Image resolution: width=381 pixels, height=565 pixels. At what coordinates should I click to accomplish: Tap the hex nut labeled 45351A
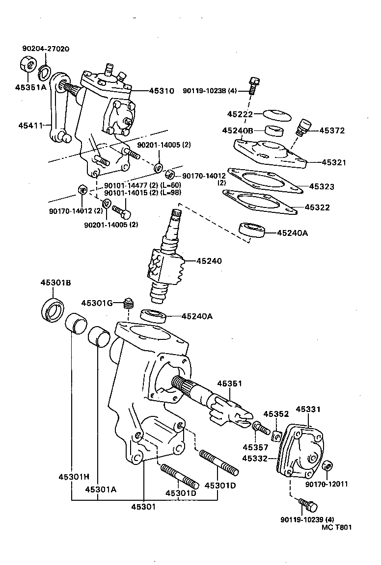coord(26,64)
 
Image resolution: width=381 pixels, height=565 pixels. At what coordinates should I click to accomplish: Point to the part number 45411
coord(31,126)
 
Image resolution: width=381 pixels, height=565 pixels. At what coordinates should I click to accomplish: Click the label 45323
coord(322,186)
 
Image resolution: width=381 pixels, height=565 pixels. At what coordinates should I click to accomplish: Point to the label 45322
coord(317,207)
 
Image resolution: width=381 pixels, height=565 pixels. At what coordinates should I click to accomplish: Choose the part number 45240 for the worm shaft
coord(209,261)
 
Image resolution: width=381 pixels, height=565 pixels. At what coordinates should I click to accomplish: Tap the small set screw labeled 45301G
coord(129,305)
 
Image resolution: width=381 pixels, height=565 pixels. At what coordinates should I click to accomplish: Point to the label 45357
coord(254,447)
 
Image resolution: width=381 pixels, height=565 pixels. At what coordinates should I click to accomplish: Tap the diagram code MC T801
coord(337,528)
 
